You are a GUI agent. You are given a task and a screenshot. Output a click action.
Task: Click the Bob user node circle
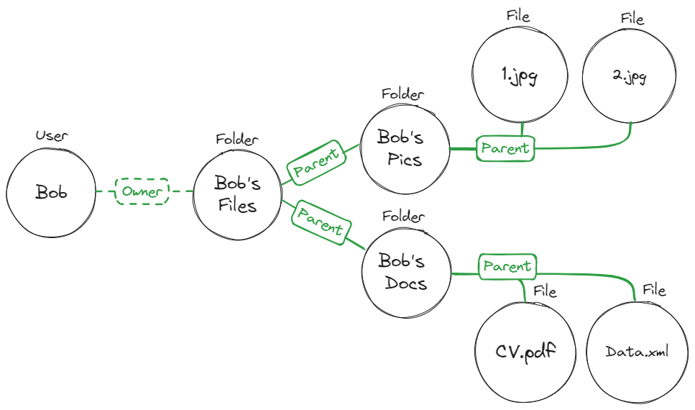pyautogui.click(x=51, y=193)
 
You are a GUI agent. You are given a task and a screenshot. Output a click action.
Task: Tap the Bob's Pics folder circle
pyautogui.click(x=405, y=148)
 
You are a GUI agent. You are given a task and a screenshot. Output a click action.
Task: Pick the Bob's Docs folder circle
pyautogui.click(x=406, y=271)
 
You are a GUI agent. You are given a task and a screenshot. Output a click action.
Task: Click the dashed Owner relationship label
pyautogui.click(x=142, y=191)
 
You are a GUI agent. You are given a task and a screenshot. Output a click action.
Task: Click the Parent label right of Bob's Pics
pyautogui.click(x=505, y=149)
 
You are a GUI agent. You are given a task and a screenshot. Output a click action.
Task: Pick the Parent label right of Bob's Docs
pyautogui.click(x=507, y=266)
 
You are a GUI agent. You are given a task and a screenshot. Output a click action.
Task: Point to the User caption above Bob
pyautogui.click(x=51, y=135)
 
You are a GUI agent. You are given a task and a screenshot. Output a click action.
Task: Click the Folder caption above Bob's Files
pyautogui.click(x=236, y=140)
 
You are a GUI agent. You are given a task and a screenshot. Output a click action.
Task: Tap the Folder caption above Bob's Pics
pyautogui.click(x=402, y=94)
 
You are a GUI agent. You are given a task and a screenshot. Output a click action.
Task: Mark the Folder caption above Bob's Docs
pyautogui.click(x=402, y=216)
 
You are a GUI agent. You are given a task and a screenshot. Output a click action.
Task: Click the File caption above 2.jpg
pyautogui.click(x=632, y=18)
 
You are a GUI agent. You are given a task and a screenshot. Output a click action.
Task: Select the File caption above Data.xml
pyautogui.click(x=654, y=291)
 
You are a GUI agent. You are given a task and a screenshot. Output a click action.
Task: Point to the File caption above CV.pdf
pyautogui.click(x=546, y=292)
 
